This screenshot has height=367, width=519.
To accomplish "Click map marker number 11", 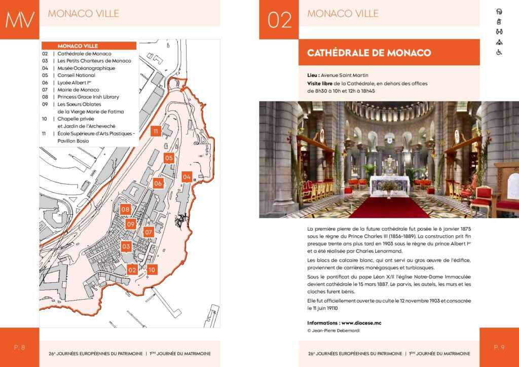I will pyautogui.click(x=156, y=131).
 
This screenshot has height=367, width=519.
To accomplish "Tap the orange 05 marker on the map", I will pyautogui.click(x=169, y=158).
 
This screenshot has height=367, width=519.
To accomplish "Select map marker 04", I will pyautogui.click(x=187, y=177).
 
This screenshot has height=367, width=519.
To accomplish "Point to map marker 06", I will pyautogui.click(x=158, y=183).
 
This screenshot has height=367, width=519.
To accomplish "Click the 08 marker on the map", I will pyautogui.click(x=126, y=209).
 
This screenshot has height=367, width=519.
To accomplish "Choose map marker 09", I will pyautogui.click(x=131, y=224).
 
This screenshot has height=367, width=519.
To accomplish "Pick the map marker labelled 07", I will pyautogui.click(x=149, y=233).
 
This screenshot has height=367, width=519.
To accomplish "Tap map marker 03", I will pyautogui.click(x=126, y=247).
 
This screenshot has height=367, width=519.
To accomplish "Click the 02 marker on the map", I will pyautogui.click(x=132, y=270).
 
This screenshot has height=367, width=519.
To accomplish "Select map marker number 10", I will pyautogui.click(x=152, y=270).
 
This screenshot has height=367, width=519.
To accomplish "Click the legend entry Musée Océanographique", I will pyautogui.click(x=86, y=68).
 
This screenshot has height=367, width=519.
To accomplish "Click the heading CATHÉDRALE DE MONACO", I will pyautogui.click(x=368, y=53).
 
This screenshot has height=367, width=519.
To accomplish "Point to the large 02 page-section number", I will pyautogui.click(x=279, y=20).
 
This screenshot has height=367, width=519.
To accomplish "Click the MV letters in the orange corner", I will pyautogui.click(x=20, y=20).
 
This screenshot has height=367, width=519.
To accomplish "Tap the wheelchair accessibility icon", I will pyautogui.click(x=499, y=52).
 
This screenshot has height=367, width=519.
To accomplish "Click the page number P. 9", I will pyautogui.click(x=499, y=347).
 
